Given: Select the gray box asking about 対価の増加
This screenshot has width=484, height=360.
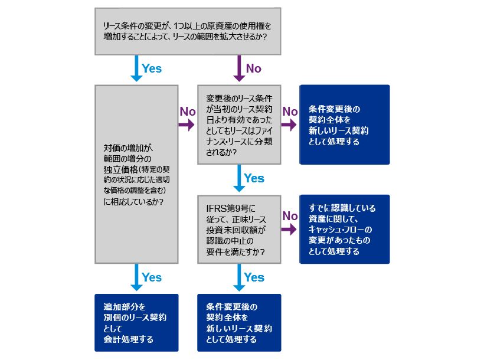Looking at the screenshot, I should click(x=137, y=174).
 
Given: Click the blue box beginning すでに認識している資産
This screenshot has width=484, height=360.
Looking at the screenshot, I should click(x=345, y=229).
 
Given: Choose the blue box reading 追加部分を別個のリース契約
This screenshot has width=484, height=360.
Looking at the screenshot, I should click(x=136, y=323).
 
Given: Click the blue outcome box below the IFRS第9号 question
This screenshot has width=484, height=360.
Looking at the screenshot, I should click(x=239, y=323).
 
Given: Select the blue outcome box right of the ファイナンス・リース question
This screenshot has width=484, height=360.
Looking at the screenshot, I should click(x=345, y=124).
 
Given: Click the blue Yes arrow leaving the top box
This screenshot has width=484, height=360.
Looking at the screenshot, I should click(x=136, y=68).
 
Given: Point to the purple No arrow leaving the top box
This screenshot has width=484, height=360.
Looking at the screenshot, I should click(x=239, y=68).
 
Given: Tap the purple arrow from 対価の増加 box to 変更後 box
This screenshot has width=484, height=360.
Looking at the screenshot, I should click(x=187, y=125).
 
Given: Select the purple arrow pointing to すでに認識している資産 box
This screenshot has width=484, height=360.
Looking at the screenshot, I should click(x=289, y=230).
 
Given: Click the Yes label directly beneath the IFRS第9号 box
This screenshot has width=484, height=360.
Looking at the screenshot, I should click(x=254, y=277).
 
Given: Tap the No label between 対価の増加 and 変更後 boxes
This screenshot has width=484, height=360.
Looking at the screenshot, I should click(x=187, y=111).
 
